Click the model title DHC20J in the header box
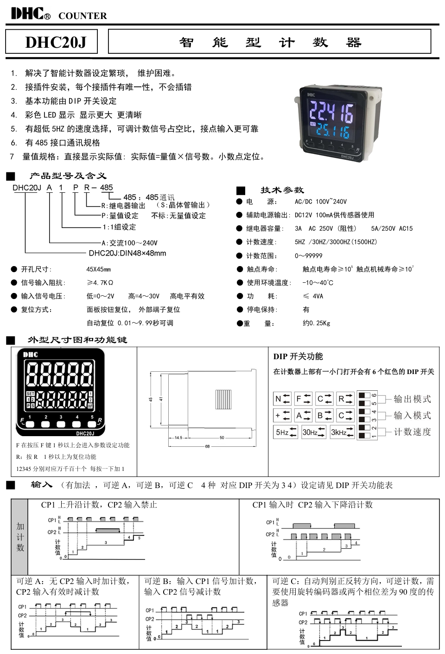56,42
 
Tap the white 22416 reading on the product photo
331,112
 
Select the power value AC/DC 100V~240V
320,202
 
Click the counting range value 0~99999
308,255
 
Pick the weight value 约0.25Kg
316,323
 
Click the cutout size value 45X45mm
98,269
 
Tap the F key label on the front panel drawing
21,421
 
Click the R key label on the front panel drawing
100,421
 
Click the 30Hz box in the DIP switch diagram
313,432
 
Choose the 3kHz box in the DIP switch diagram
342,432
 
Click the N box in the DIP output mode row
282,399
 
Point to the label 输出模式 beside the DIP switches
412,399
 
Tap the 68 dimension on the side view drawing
207,446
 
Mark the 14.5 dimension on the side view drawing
178,437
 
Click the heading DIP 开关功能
298,356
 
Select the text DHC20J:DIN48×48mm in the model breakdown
127,253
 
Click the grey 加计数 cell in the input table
20,536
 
